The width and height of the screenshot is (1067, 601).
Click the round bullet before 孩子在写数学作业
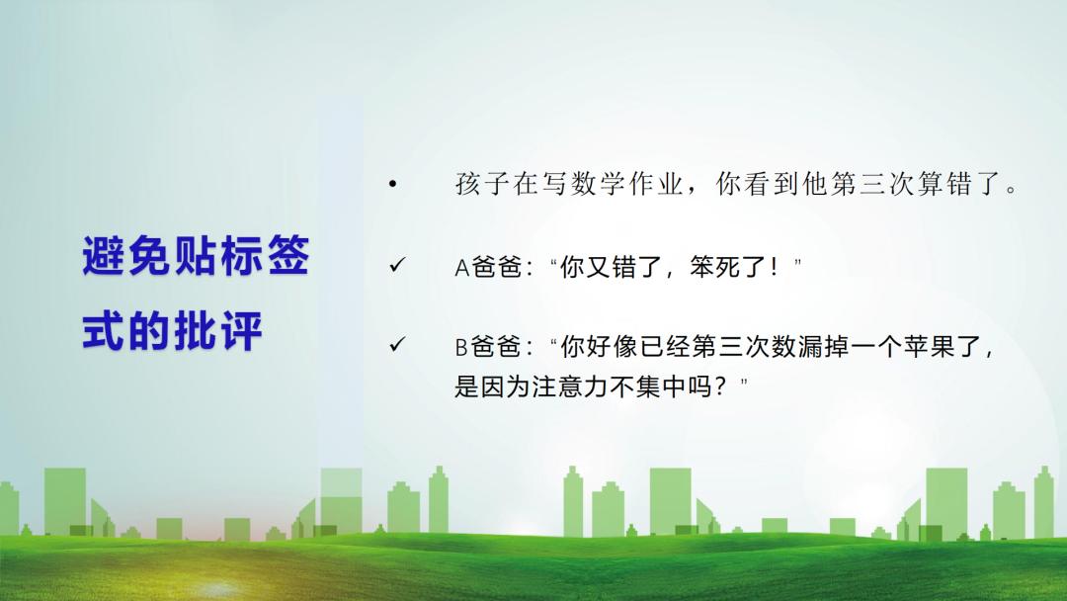(x=392, y=183)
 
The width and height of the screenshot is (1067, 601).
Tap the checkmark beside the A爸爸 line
(x=397, y=265)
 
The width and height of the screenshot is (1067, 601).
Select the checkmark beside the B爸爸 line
(x=397, y=344)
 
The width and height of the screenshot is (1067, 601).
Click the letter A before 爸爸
(x=462, y=268)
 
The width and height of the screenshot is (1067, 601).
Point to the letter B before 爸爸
(x=461, y=347)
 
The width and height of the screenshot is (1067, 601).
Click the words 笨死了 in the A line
(x=728, y=267)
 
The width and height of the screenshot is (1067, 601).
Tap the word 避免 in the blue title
(x=126, y=256)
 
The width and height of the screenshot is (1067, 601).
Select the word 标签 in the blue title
(x=265, y=256)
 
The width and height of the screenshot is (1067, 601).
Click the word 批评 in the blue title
(x=218, y=331)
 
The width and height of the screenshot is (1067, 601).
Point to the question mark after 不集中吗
(x=721, y=386)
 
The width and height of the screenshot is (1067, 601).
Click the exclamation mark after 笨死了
(x=774, y=267)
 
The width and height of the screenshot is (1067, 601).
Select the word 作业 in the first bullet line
(x=657, y=183)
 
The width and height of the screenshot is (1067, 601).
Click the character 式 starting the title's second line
(x=104, y=331)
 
